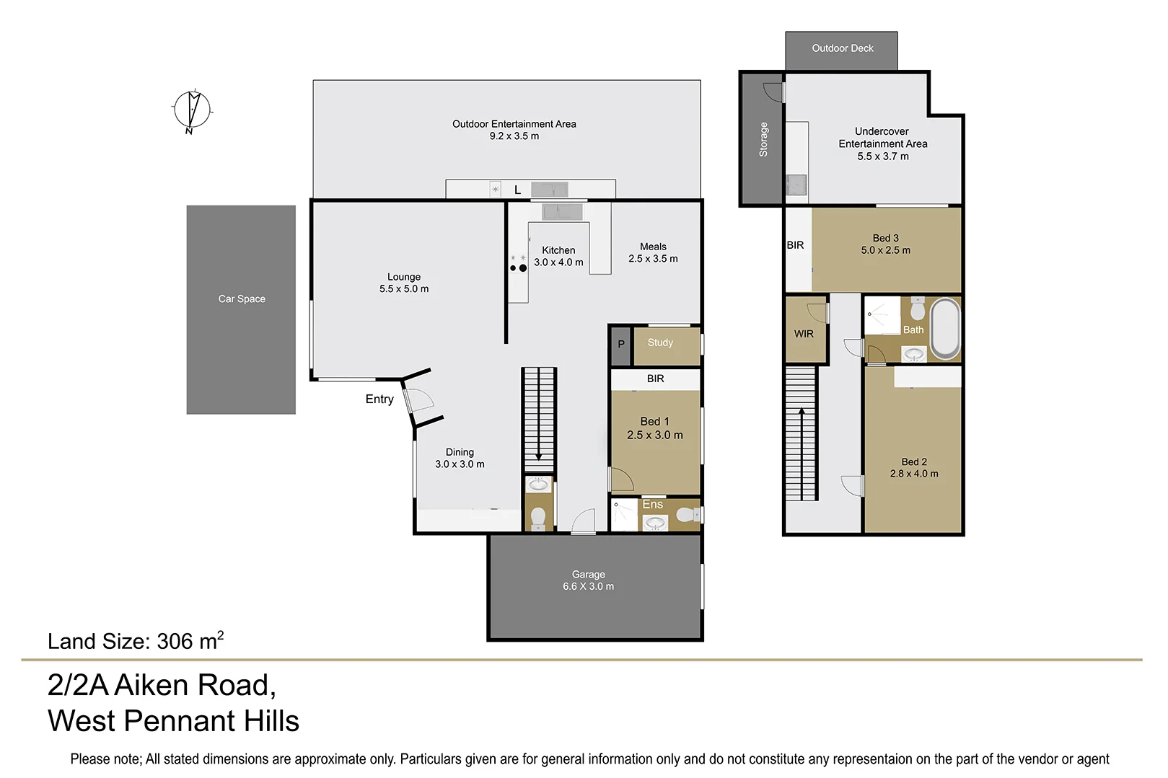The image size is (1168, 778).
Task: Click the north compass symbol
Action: coord(192,110)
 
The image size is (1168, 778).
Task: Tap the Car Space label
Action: coord(242,299)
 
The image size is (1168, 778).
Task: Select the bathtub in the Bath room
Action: coord(945,329)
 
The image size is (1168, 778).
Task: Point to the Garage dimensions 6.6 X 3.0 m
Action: coord(588,586)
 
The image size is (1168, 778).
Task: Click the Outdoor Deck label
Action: coord(842,48)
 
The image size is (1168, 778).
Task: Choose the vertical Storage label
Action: coord(763,139)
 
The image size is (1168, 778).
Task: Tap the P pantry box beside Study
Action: coord(620,345)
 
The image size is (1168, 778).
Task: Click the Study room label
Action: coord(660,342)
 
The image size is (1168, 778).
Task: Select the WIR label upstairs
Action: coord(804,334)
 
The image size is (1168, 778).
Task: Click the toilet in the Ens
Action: coord(689,515)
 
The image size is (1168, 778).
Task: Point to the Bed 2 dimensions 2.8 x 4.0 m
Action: coord(913,474)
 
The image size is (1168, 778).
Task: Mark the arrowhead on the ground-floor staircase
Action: coord(539,457)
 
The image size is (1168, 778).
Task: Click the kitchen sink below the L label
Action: coord(562,212)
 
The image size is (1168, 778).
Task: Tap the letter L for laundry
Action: coord(517,190)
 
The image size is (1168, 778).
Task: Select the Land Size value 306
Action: coord(175,641)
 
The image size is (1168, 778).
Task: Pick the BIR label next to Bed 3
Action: coord(795,245)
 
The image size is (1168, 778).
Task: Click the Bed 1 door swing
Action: coord(622,479)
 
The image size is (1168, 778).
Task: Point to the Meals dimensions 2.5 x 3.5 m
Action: coord(653,258)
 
